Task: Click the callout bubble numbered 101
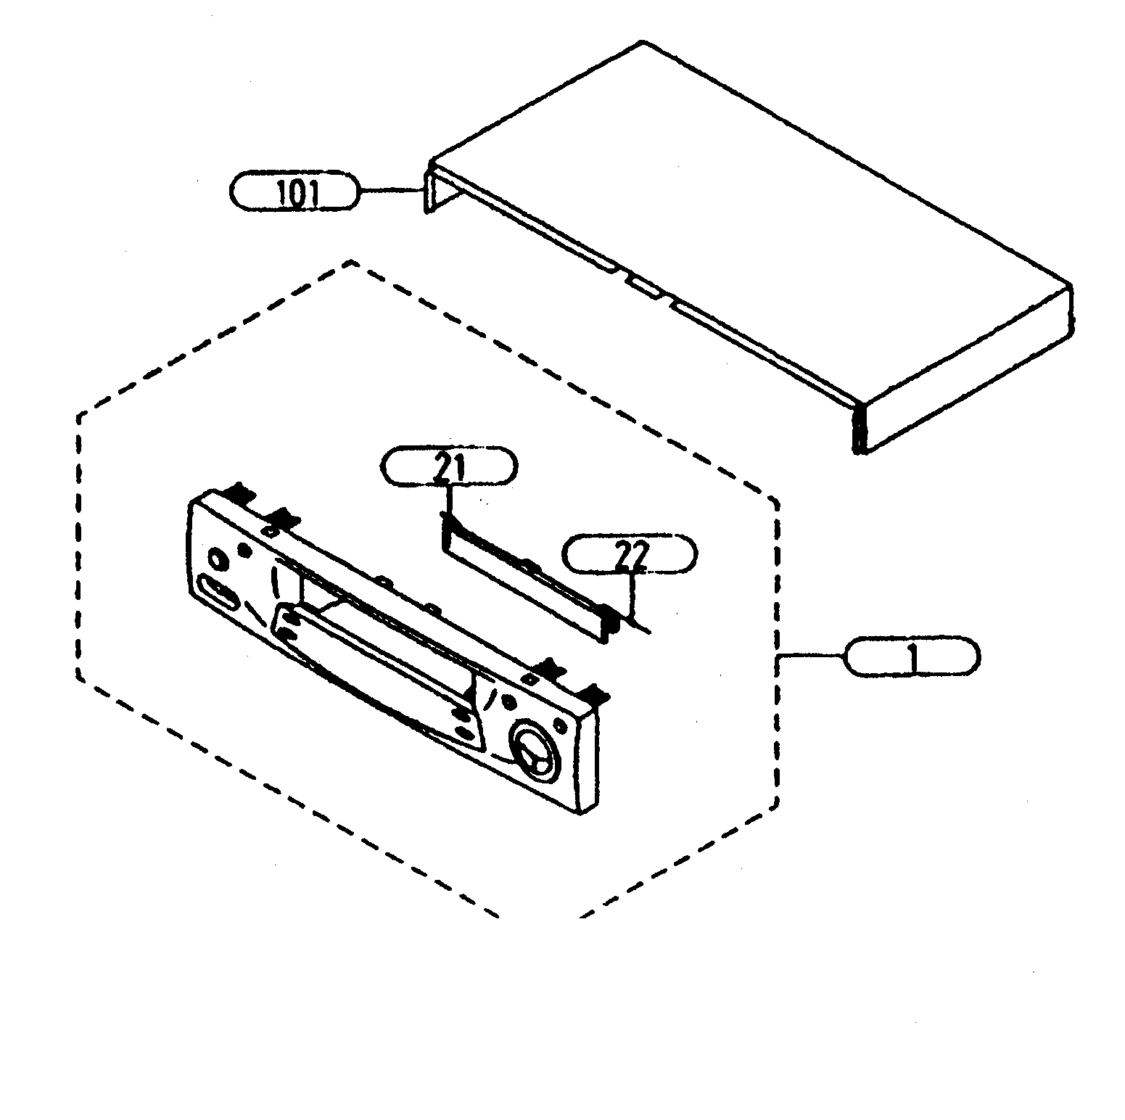[x=294, y=192]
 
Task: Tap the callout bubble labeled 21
[x=449, y=466]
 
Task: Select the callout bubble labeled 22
[x=629, y=554]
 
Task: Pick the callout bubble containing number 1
[x=912, y=657]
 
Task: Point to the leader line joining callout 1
[x=811, y=656]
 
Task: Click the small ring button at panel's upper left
[x=215, y=559]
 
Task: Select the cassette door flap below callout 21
[x=522, y=573]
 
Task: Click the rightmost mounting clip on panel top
[x=596, y=695]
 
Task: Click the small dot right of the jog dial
[x=559, y=726]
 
